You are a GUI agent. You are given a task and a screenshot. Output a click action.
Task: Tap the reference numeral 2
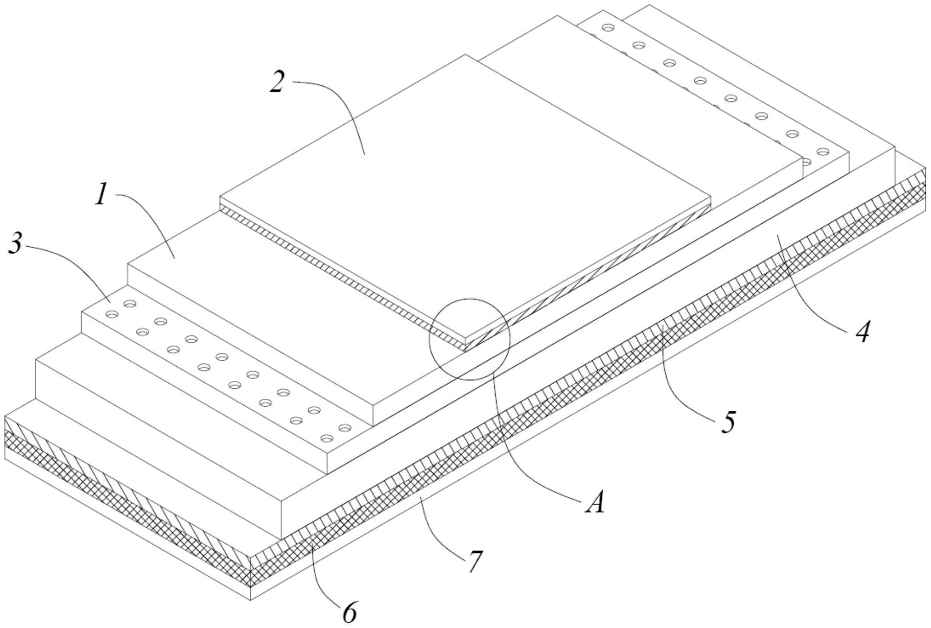[x=278, y=83]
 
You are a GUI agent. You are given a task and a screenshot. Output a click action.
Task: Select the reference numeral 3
[x=15, y=245]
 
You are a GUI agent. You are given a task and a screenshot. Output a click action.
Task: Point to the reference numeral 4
[x=862, y=332]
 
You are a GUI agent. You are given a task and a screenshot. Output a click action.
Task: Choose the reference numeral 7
[x=474, y=560]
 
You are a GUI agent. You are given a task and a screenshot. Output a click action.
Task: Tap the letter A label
[x=594, y=504]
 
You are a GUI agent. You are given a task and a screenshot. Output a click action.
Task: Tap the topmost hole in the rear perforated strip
[x=608, y=27]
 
